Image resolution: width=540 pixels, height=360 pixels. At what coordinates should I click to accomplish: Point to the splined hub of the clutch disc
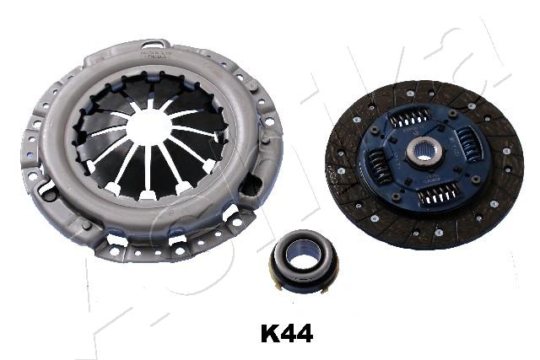tap(424, 153)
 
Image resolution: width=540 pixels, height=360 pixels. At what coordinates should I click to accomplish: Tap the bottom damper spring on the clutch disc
tap(436, 195)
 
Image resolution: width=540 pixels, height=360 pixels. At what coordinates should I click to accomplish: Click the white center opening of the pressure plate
tap(149, 126)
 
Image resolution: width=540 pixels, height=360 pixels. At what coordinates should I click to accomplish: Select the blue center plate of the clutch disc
tap(424, 156)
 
